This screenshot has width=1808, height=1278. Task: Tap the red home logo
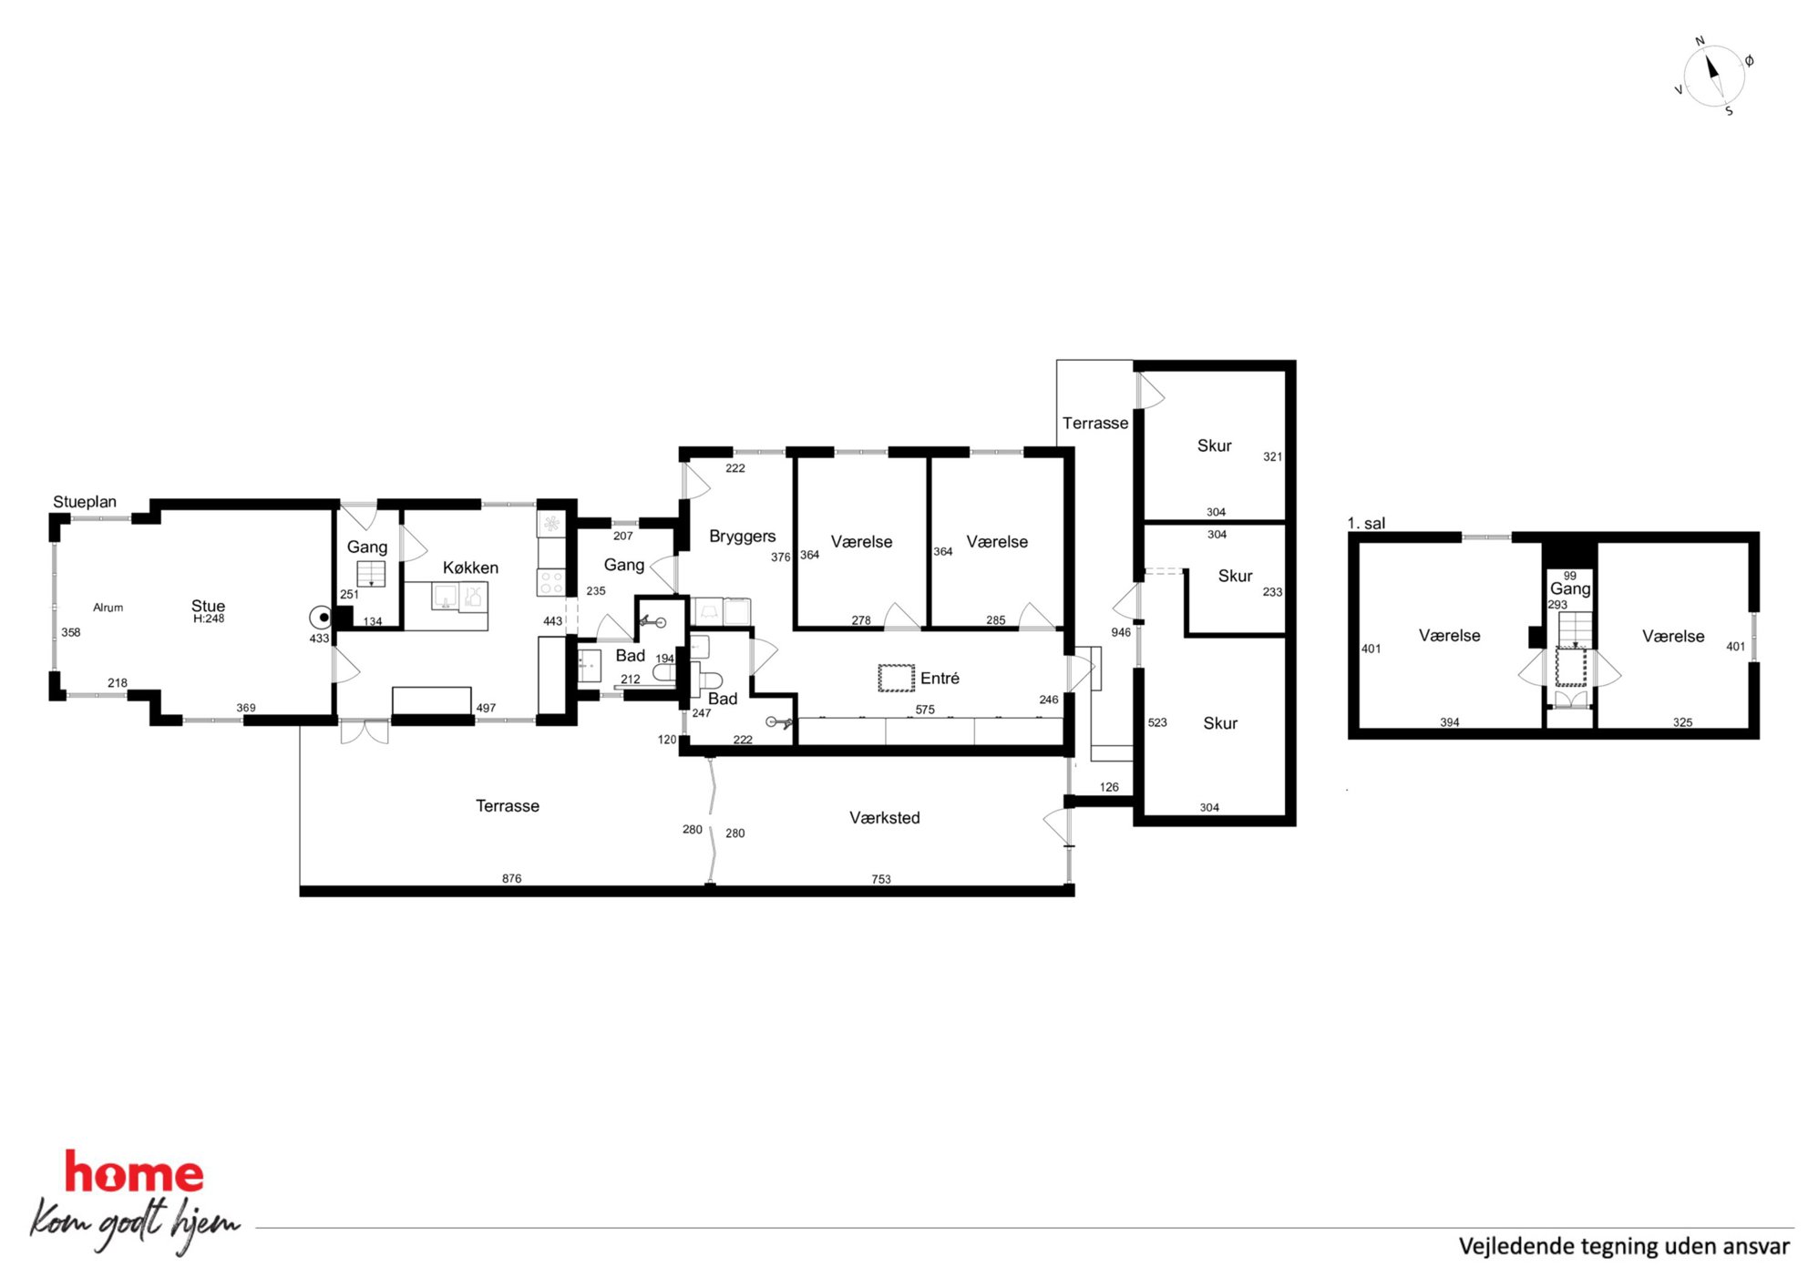(134, 1171)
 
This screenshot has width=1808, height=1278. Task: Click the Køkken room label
(470, 567)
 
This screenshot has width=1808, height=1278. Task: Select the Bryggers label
(742, 537)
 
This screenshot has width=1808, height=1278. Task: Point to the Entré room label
(940, 678)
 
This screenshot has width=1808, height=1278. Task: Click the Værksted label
(884, 818)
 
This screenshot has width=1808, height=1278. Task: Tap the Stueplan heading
(85, 502)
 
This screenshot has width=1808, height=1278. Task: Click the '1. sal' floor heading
(1366, 523)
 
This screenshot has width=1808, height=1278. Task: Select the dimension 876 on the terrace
(511, 878)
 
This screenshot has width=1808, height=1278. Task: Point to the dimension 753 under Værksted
(881, 879)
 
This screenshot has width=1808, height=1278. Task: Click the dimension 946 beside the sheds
(1121, 632)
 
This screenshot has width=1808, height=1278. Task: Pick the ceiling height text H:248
(209, 619)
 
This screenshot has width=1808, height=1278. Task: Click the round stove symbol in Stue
(323, 618)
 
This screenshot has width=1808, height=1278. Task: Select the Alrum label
(108, 608)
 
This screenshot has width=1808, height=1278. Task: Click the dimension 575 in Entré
(925, 710)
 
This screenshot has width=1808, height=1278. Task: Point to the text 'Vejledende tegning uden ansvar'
(1624, 1246)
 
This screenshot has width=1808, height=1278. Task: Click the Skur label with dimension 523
(1220, 723)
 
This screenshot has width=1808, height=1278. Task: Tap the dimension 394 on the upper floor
(1449, 722)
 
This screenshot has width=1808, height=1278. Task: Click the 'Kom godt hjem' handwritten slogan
(135, 1224)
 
